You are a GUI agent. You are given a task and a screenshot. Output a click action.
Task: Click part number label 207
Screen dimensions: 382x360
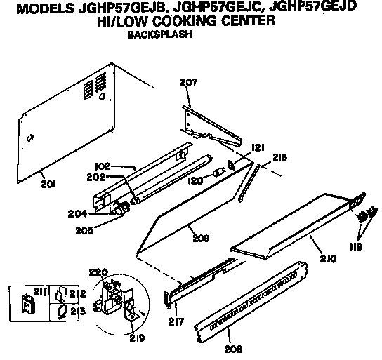click(x=189, y=83)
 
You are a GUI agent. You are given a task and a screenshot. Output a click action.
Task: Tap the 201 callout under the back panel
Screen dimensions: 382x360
click(x=48, y=184)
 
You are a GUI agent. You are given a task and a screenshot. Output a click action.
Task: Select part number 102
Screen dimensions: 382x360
click(x=103, y=166)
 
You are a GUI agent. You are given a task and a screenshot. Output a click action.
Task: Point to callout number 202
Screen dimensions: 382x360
click(x=96, y=178)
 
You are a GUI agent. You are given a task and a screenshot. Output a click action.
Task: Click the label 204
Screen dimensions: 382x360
click(x=77, y=214)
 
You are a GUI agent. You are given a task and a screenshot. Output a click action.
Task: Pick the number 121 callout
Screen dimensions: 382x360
click(x=258, y=148)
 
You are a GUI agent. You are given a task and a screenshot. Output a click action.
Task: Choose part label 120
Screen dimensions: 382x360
click(x=195, y=181)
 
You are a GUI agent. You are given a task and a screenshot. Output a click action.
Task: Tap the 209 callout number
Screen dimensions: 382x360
click(x=201, y=239)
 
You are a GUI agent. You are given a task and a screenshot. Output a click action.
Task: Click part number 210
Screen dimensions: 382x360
click(x=328, y=258)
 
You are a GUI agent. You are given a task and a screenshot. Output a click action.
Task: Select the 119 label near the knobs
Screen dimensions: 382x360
click(x=356, y=247)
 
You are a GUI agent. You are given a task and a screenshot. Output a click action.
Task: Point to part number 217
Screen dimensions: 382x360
click(x=176, y=322)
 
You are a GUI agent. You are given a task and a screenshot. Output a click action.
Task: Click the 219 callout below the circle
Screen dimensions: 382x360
click(x=137, y=338)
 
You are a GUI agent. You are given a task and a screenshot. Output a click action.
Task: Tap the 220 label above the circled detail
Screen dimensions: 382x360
click(x=98, y=272)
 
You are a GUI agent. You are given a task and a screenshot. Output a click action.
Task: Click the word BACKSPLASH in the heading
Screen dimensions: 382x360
click(x=160, y=34)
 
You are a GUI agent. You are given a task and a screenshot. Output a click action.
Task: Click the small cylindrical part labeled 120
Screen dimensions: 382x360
click(x=218, y=173)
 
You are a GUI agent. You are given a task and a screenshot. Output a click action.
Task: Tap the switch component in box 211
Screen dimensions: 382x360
click(x=29, y=304)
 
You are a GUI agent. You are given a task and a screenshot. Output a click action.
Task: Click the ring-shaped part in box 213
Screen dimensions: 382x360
click(x=62, y=312)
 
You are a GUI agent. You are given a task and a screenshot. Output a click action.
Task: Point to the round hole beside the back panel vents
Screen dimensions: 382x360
click(x=102, y=96)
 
